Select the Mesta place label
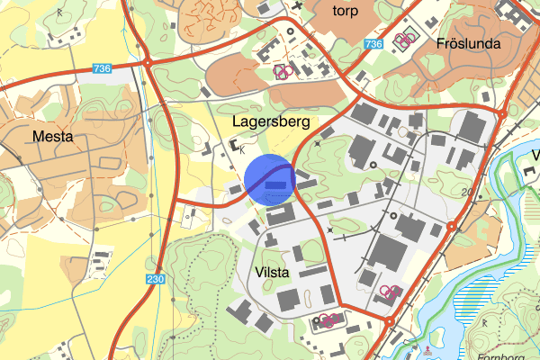tap(52, 137)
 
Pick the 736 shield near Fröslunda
tap(375, 42)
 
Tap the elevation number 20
tap(467, 192)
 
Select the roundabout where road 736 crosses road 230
tap(147, 62)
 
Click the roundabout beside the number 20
tap(451, 227)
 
